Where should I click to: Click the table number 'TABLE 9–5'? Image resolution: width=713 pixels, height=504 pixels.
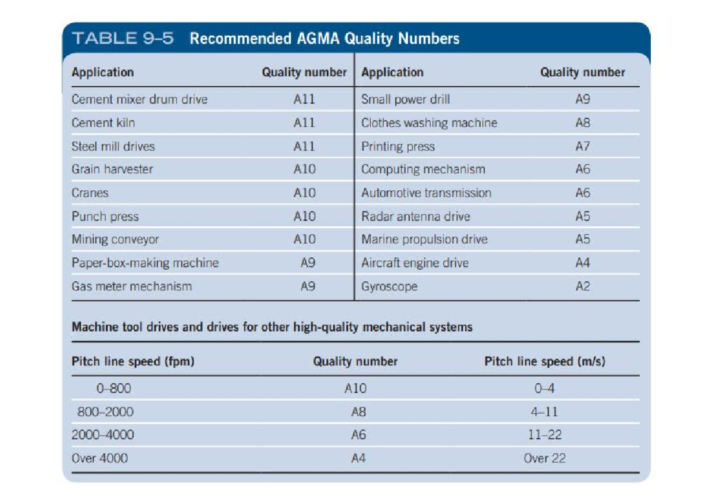[x=123, y=39]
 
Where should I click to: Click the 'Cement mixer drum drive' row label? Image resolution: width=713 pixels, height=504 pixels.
[x=140, y=99]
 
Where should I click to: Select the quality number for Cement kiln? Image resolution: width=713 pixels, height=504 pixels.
[x=304, y=123]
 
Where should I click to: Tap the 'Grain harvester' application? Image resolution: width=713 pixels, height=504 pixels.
[x=112, y=169]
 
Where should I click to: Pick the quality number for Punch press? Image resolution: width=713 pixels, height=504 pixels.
[x=304, y=216]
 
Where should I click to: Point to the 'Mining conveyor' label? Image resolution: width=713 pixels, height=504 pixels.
[x=115, y=240]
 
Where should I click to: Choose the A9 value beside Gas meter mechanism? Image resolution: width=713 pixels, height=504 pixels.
[x=307, y=286]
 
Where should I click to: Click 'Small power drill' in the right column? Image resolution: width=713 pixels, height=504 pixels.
[x=405, y=99]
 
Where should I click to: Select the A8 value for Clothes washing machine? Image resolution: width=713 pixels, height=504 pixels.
[x=582, y=123]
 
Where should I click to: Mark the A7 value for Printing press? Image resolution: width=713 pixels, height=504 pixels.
[x=582, y=146]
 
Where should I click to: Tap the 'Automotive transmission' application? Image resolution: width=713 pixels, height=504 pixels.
[x=426, y=193]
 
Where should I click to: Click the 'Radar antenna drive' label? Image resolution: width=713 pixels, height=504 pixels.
[x=415, y=216]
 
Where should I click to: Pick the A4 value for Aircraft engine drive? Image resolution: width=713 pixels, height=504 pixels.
[x=582, y=263]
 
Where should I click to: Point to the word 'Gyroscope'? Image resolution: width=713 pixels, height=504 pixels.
[x=389, y=286]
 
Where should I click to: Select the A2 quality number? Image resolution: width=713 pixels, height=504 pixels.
[x=582, y=286]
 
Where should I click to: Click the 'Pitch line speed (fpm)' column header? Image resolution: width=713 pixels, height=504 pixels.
[x=133, y=361]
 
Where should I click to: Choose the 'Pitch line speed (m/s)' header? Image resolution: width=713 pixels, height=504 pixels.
[x=544, y=361]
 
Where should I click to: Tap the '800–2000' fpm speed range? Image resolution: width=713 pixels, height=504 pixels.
[x=105, y=412]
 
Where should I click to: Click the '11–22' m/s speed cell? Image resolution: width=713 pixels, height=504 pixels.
[x=544, y=435]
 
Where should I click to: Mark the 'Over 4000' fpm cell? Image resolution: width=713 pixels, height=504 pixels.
[x=99, y=458]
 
